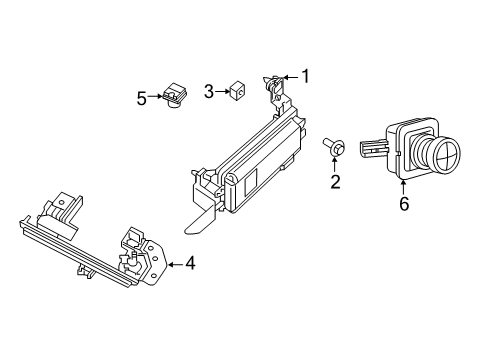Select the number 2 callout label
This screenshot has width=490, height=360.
[x=335, y=181]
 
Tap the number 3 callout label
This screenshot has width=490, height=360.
[x=209, y=92]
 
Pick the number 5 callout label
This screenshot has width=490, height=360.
[x=142, y=97]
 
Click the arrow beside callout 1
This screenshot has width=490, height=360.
[x=290, y=76]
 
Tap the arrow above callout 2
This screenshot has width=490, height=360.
[x=335, y=164]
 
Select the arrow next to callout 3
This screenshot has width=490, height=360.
[x=222, y=92]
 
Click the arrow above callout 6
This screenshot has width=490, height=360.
[x=404, y=184]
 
